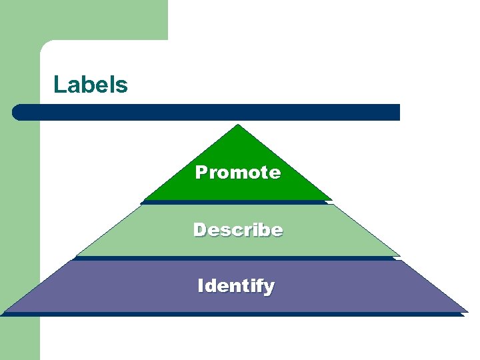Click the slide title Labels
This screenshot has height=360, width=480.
click(x=91, y=85)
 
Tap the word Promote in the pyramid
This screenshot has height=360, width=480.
click(x=238, y=173)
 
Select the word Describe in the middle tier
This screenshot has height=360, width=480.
click(x=238, y=230)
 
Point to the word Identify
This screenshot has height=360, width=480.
click(x=236, y=286)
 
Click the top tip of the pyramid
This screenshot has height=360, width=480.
click(x=238, y=125)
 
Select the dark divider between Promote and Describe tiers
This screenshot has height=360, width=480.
click(x=236, y=202)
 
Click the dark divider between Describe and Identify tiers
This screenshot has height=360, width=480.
click(x=236, y=258)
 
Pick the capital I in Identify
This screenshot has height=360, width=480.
click(x=201, y=286)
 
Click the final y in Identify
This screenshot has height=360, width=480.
click(x=268, y=288)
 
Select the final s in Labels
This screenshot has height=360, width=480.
click(x=122, y=86)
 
